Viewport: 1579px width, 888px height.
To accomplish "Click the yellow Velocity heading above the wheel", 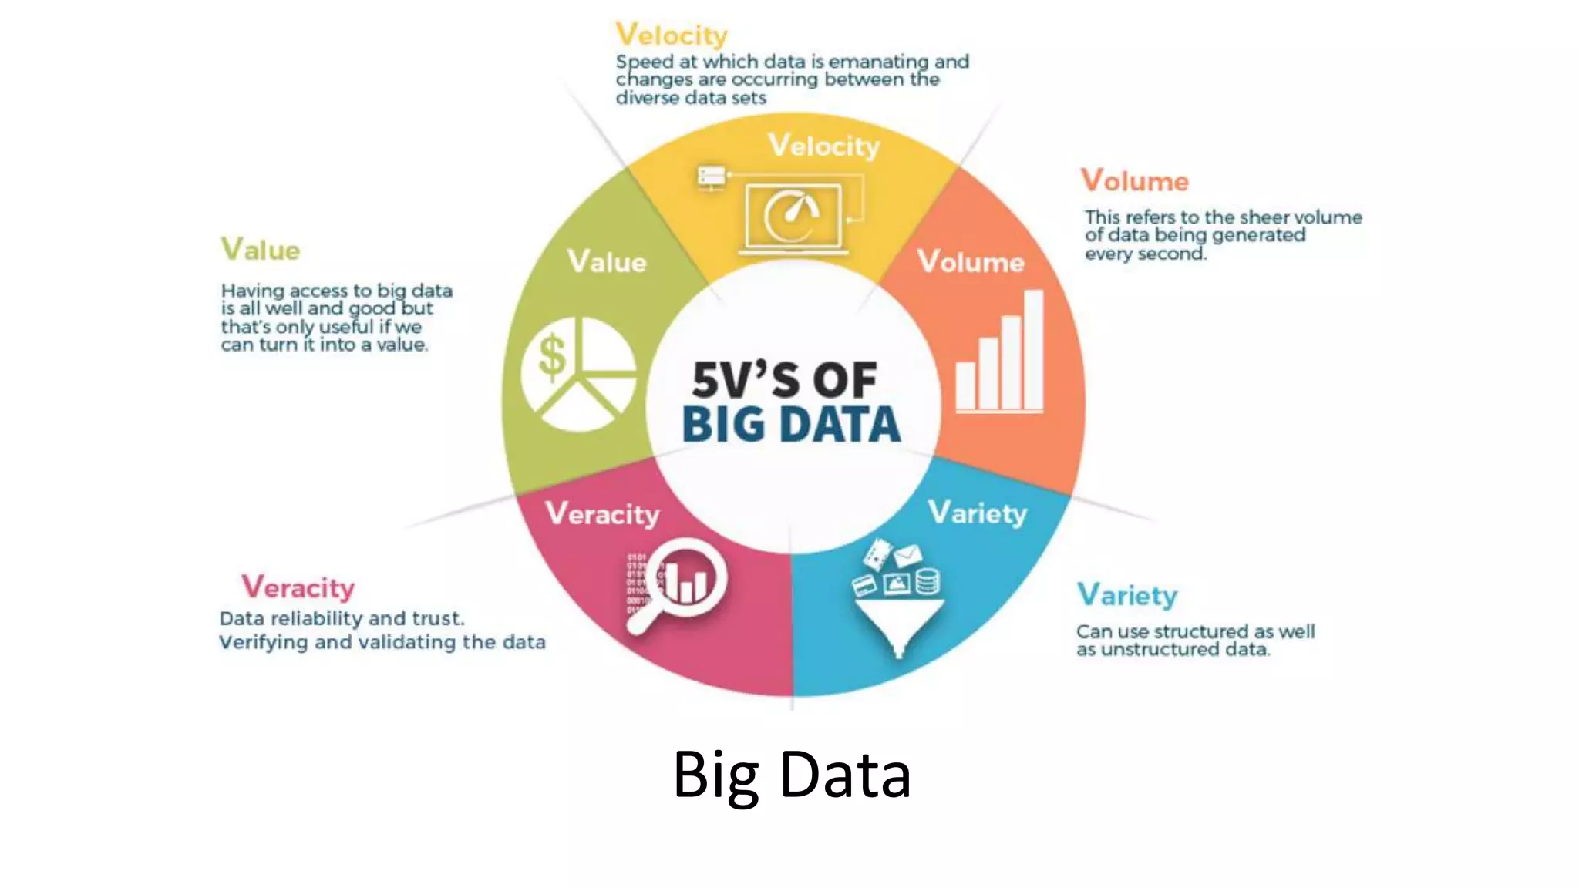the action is point(672,35).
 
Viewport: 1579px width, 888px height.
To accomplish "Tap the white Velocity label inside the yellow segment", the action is point(823,146).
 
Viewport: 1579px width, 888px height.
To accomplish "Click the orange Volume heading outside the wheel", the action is point(1134,181).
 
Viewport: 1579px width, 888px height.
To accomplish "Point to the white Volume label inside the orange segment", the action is point(971,262).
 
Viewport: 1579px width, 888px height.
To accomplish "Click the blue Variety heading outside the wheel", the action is point(1127,595).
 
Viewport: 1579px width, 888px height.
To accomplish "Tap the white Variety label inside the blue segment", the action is point(978,513).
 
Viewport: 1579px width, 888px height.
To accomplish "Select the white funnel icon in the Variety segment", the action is point(899,624).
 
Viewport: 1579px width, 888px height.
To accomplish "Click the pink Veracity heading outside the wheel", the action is point(298,587).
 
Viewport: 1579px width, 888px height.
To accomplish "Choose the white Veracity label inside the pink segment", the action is point(602,513).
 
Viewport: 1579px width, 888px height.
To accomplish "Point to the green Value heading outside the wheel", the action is point(261,250).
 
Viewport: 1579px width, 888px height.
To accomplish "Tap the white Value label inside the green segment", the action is point(607,262).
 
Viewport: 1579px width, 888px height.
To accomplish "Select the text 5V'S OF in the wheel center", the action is point(784,379).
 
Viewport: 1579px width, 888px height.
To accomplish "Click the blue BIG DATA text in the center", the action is point(791,425).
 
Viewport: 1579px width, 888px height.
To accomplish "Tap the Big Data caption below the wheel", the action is point(792,775).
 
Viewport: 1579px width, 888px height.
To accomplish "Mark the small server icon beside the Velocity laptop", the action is point(711,177).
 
